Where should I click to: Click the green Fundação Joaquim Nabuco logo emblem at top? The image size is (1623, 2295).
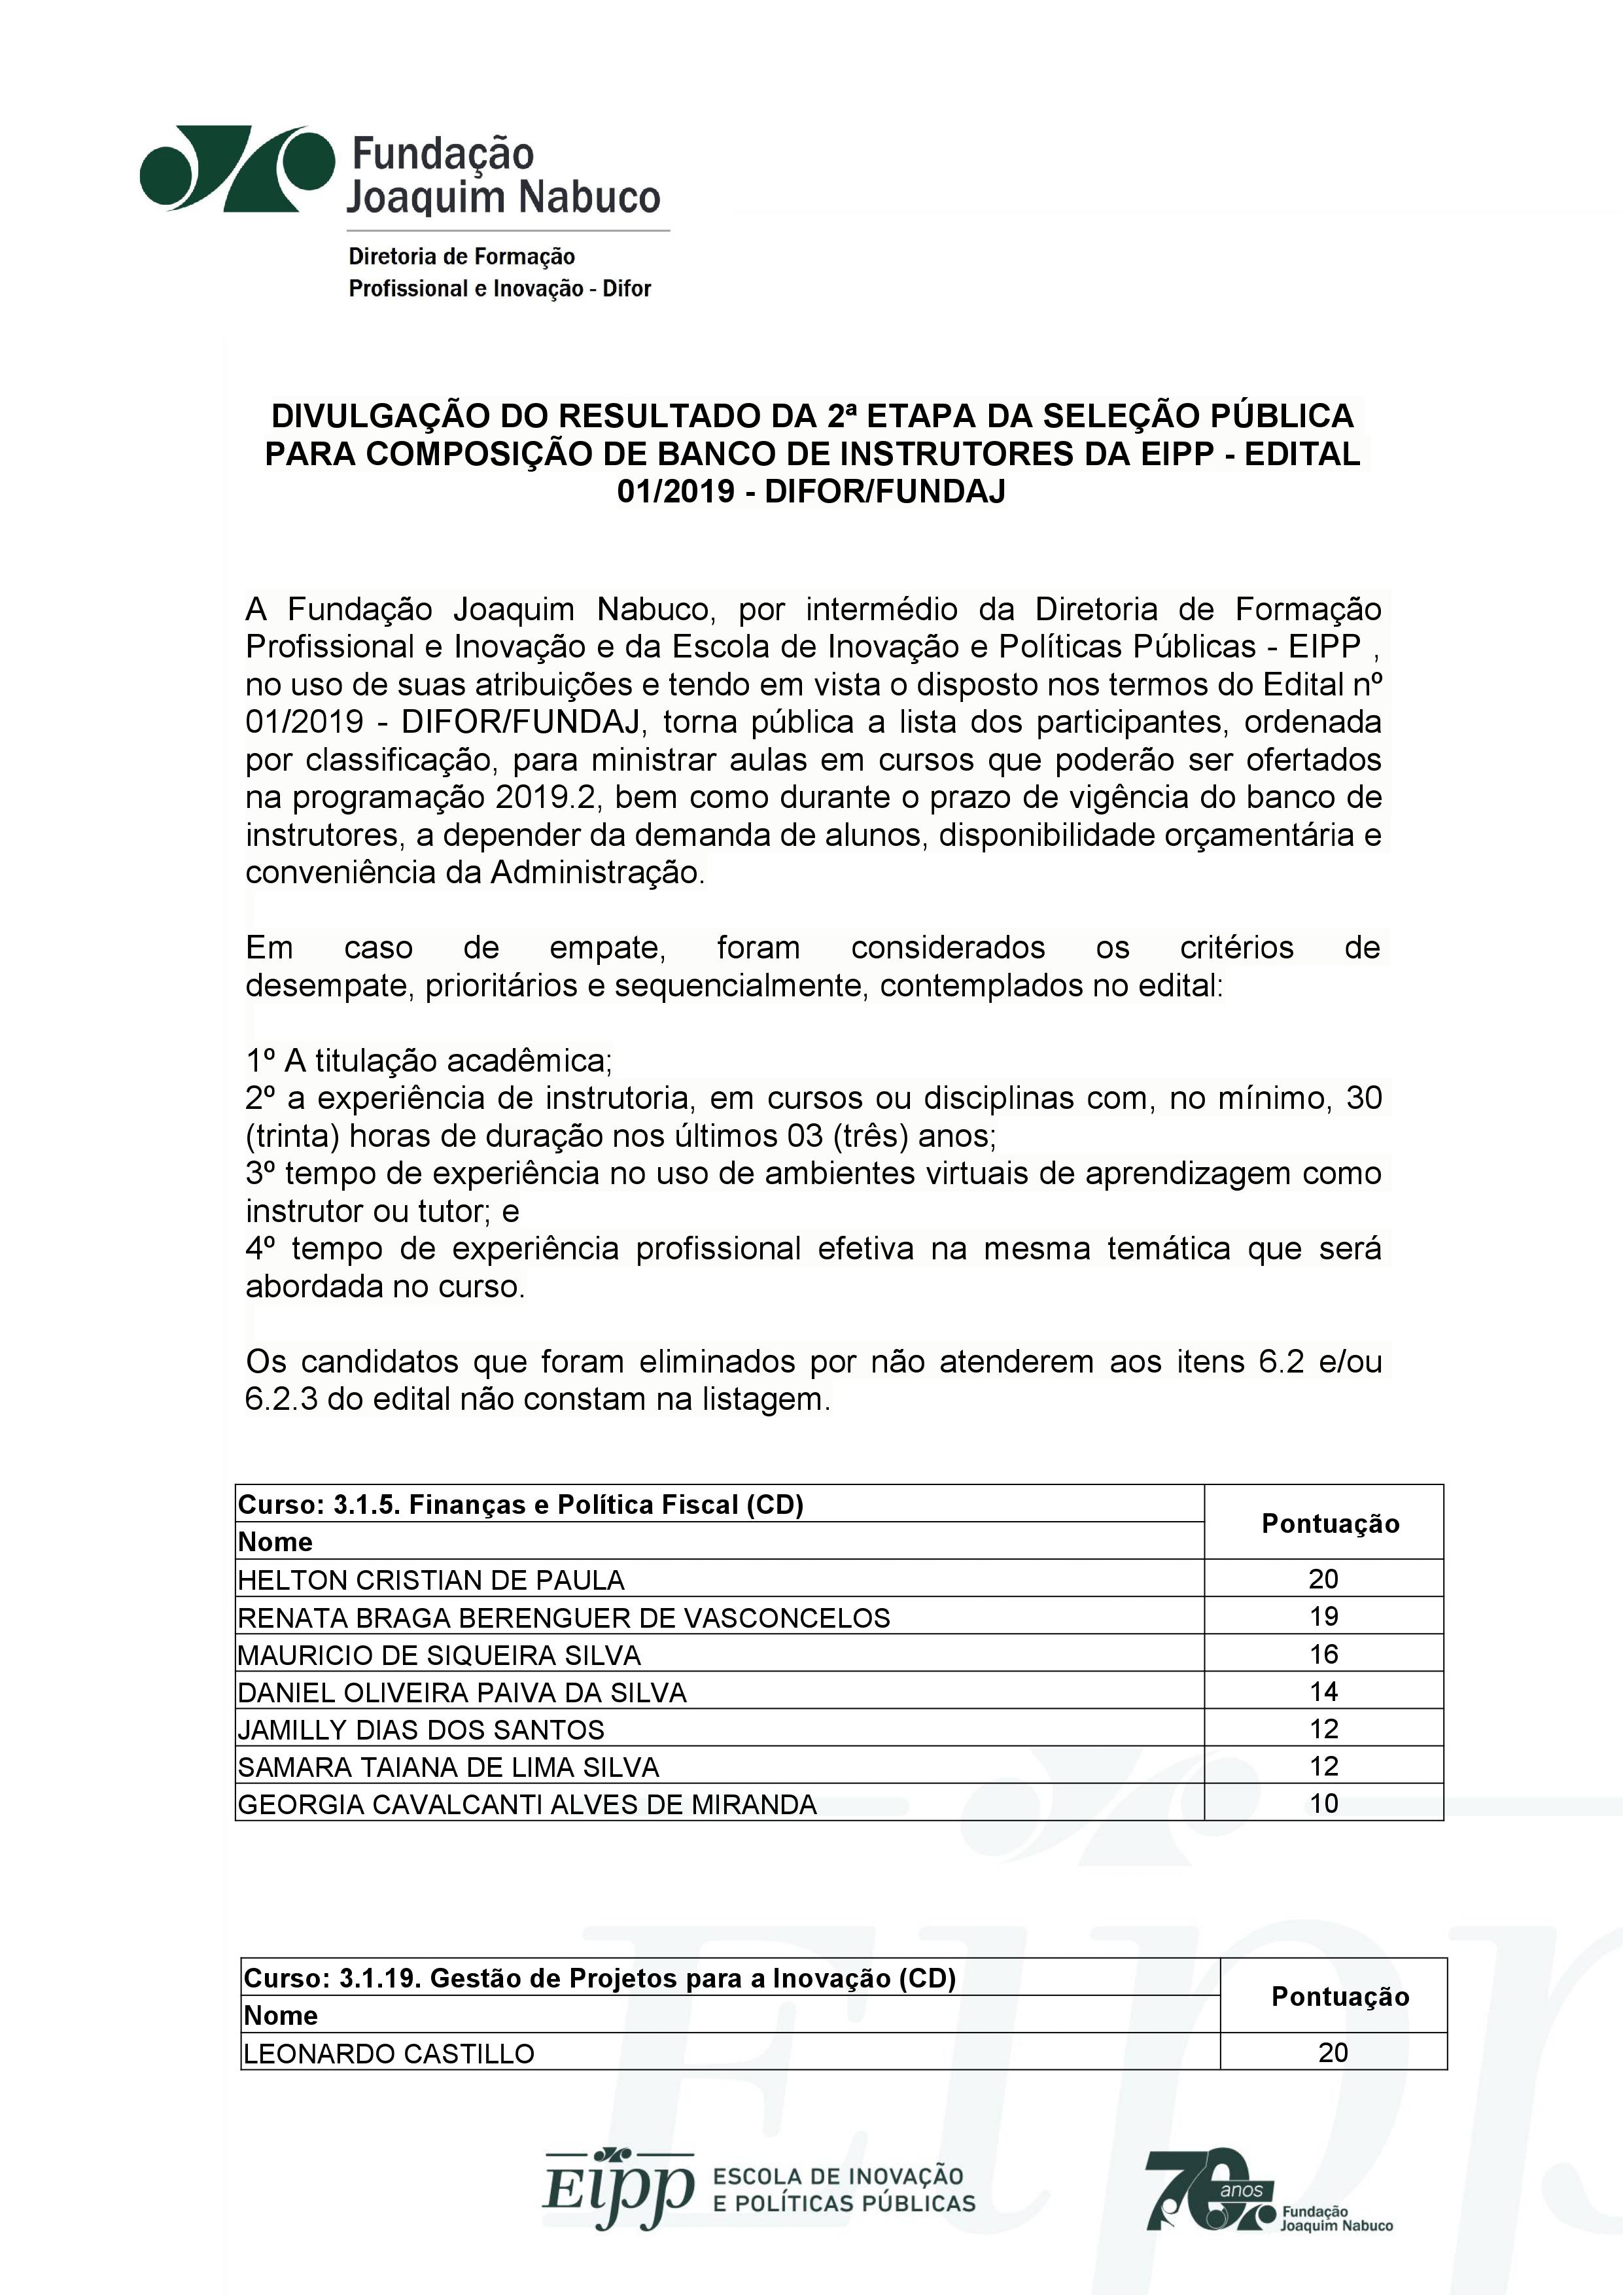237,168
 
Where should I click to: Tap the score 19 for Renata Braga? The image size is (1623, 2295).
1323,1617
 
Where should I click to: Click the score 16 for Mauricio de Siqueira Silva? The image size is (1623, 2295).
1323,1655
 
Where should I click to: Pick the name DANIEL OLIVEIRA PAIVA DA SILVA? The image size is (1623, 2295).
462,1692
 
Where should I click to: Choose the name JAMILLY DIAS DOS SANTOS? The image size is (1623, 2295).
421,1729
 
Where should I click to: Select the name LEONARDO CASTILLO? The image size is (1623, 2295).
389,2053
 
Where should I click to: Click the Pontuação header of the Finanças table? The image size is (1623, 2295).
1330,1523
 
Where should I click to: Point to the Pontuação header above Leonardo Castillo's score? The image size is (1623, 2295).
1339,1996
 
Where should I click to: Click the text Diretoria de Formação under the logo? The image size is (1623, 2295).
461,257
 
